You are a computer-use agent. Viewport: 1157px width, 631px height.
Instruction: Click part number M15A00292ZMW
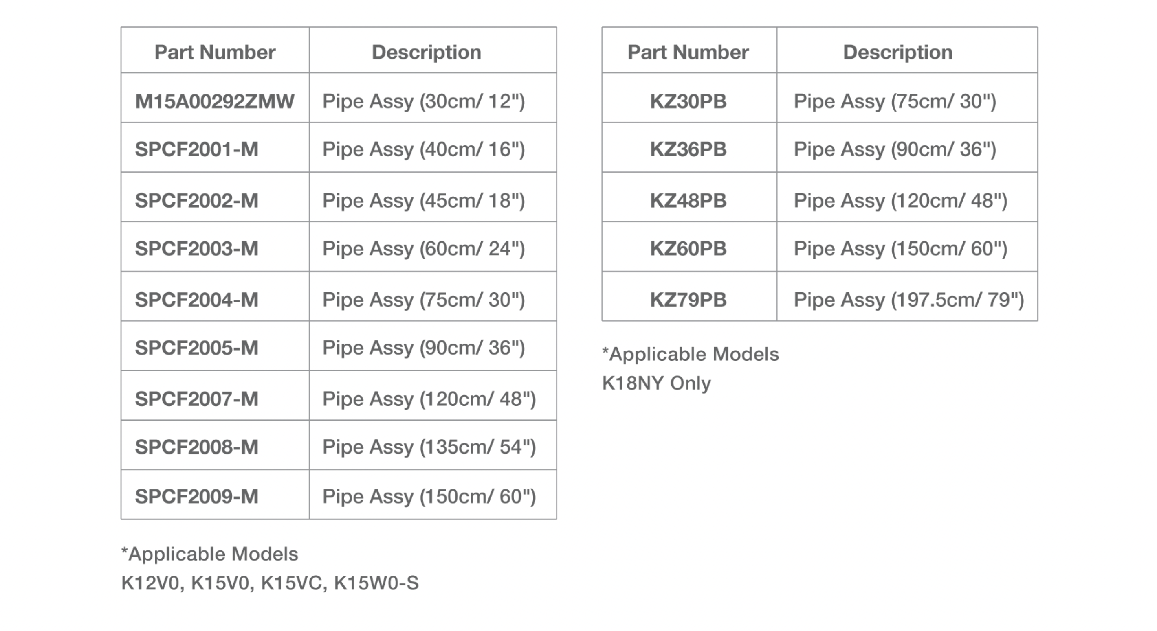pos(215,101)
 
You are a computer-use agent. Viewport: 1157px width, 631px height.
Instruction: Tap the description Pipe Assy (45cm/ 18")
pos(424,201)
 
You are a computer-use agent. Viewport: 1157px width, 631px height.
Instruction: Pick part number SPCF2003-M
pos(197,249)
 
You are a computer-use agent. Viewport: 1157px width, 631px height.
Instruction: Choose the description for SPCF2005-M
pos(424,348)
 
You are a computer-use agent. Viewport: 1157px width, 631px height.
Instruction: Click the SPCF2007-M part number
pos(197,399)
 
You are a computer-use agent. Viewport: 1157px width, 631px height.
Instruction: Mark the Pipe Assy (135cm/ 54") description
pos(429,447)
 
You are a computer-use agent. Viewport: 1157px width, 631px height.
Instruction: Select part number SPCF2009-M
pos(197,496)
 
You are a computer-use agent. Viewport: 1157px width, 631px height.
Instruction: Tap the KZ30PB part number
pos(688,101)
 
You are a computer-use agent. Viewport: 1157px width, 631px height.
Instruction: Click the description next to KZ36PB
pos(895,149)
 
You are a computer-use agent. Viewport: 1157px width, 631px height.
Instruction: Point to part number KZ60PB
pos(688,249)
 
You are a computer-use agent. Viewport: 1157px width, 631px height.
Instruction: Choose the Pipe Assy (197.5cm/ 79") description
pos(909,300)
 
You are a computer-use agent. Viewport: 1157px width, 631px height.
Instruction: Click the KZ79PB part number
pos(688,300)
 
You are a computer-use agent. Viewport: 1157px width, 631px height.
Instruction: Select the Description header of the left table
pos(426,52)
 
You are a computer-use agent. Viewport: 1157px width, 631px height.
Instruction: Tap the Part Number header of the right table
pos(688,52)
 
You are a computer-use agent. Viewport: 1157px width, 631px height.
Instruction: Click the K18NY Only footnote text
pos(656,383)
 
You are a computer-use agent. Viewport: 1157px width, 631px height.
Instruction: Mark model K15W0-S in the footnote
pos(376,583)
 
